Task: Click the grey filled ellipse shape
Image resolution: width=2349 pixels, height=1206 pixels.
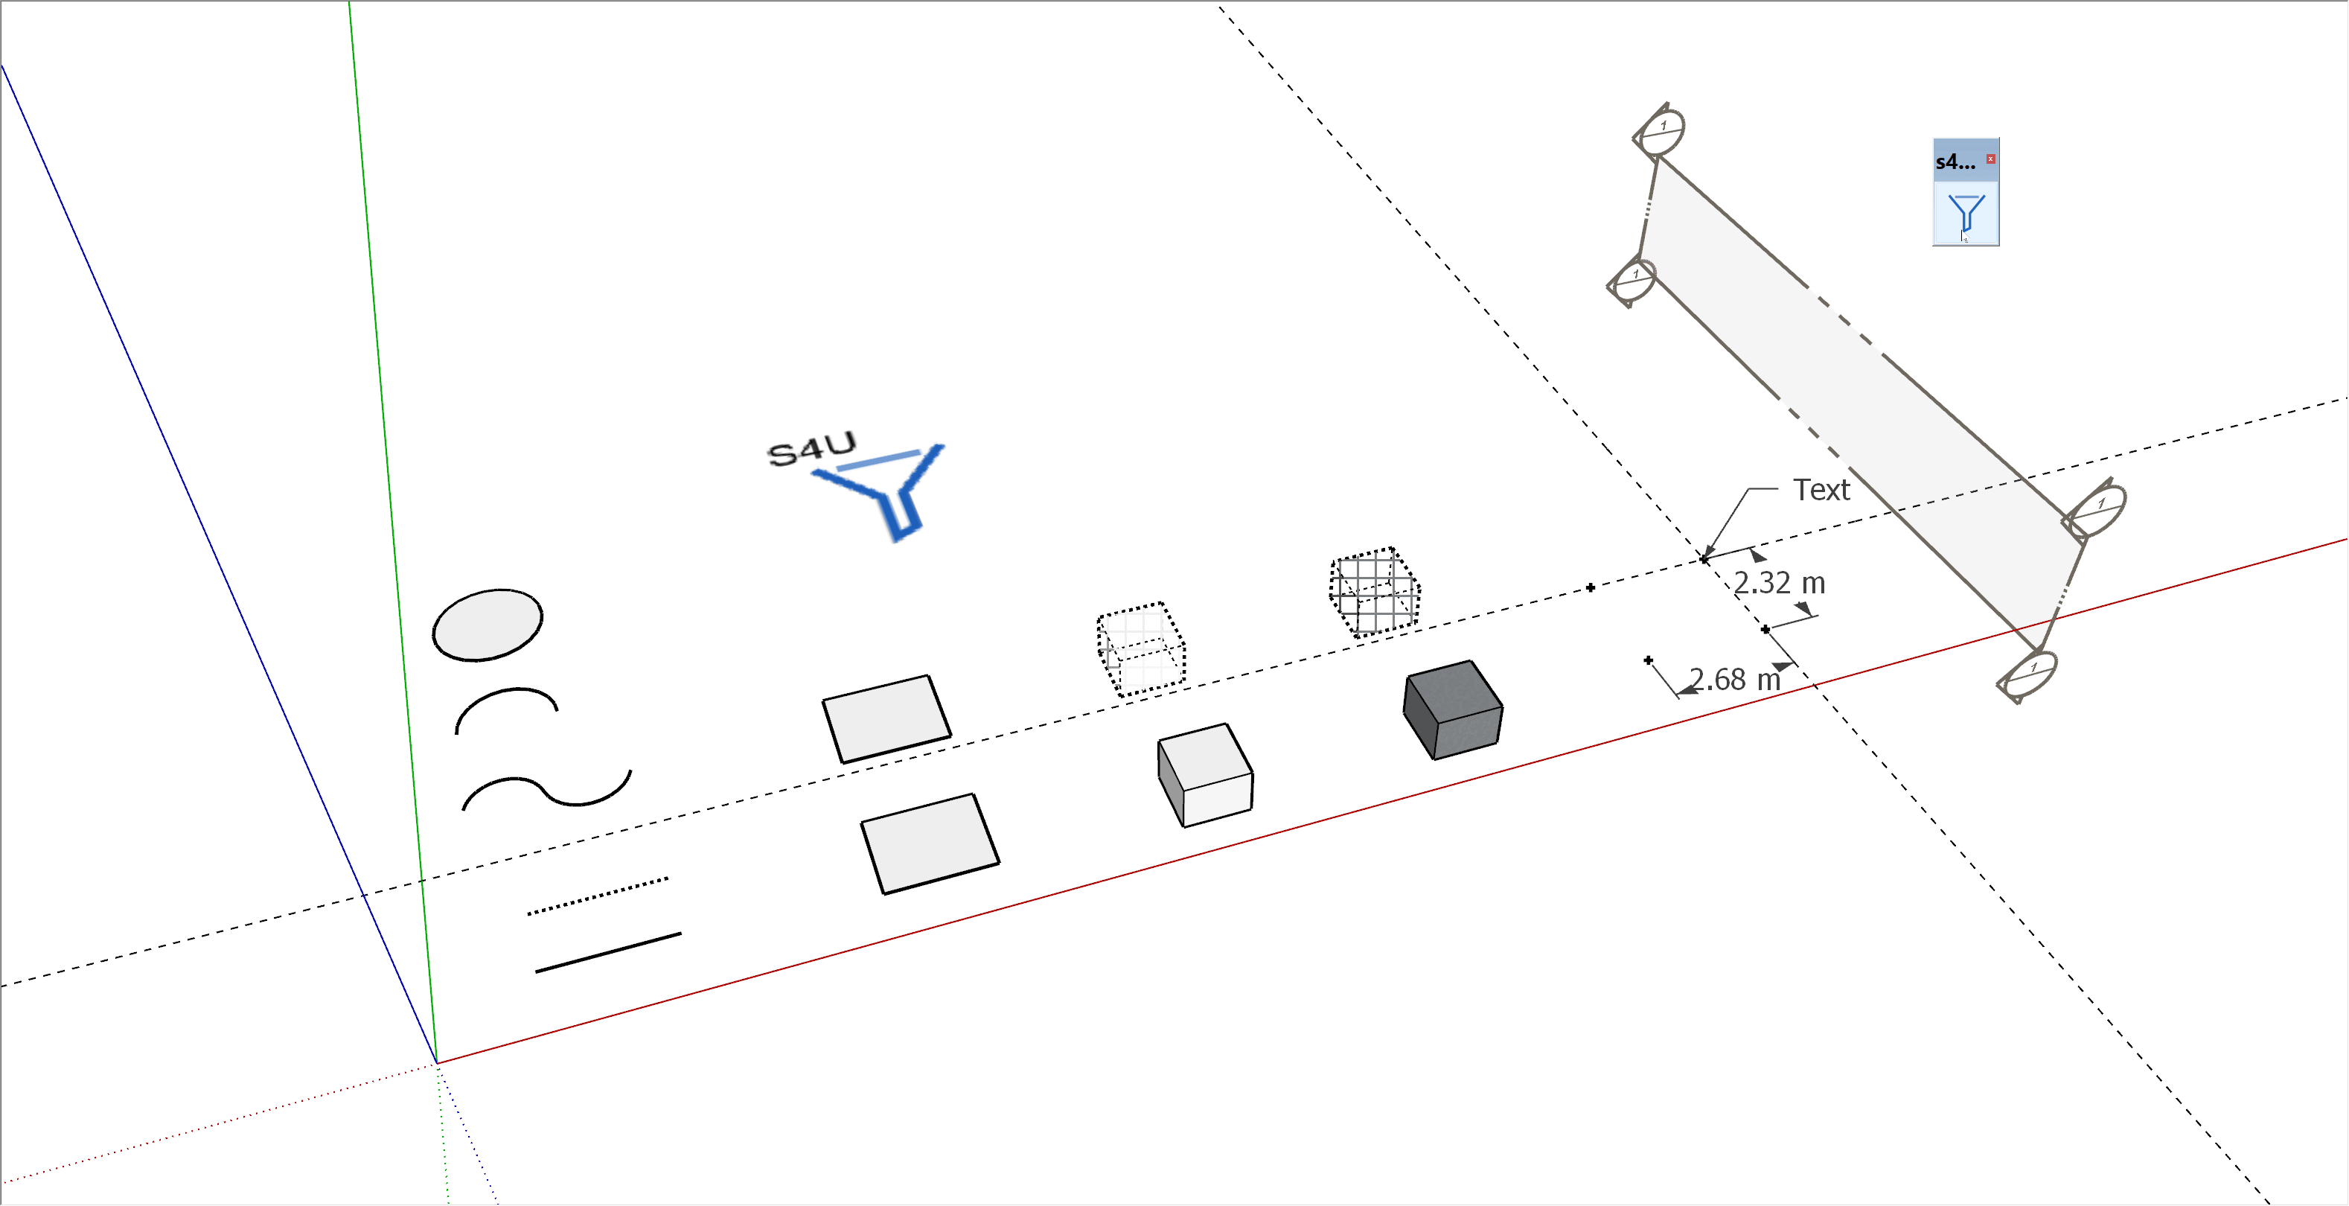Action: (x=488, y=625)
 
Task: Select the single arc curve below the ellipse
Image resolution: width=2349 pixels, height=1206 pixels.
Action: (x=507, y=693)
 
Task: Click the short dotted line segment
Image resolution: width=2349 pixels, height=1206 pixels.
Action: (x=597, y=896)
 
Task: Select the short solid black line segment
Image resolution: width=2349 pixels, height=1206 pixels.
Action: (x=607, y=952)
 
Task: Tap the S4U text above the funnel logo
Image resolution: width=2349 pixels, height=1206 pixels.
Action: (x=811, y=448)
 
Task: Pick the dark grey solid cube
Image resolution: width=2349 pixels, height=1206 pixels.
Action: (x=1454, y=709)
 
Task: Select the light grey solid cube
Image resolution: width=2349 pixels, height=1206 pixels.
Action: (x=1207, y=776)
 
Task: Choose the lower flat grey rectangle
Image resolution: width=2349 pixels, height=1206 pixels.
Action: (x=930, y=844)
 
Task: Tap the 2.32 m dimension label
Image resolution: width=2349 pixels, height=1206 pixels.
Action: (x=1779, y=583)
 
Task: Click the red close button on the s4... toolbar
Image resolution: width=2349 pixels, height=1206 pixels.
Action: (x=1991, y=159)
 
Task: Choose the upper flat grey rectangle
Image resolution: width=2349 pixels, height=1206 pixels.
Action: (x=886, y=719)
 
